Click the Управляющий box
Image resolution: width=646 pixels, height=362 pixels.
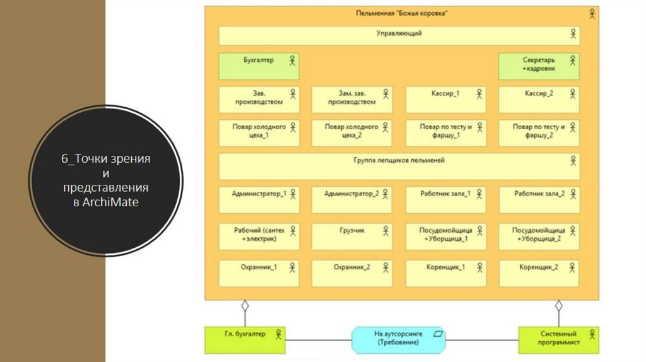click(x=399, y=35)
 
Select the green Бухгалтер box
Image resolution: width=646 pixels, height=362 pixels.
click(x=259, y=66)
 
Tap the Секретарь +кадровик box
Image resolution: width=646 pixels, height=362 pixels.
click(x=539, y=66)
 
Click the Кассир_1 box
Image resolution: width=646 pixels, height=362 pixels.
click(x=445, y=100)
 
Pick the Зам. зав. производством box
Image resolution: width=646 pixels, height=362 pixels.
click(x=352, y=100)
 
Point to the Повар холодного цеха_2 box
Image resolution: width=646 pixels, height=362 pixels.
click(x=352, y=133)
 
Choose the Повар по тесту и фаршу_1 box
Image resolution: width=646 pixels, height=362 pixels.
click(x=445, y=133)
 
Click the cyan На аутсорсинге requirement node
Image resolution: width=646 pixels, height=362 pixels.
click(x=399, y=339)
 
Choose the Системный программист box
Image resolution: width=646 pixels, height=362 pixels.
click(x=558, y=339)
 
